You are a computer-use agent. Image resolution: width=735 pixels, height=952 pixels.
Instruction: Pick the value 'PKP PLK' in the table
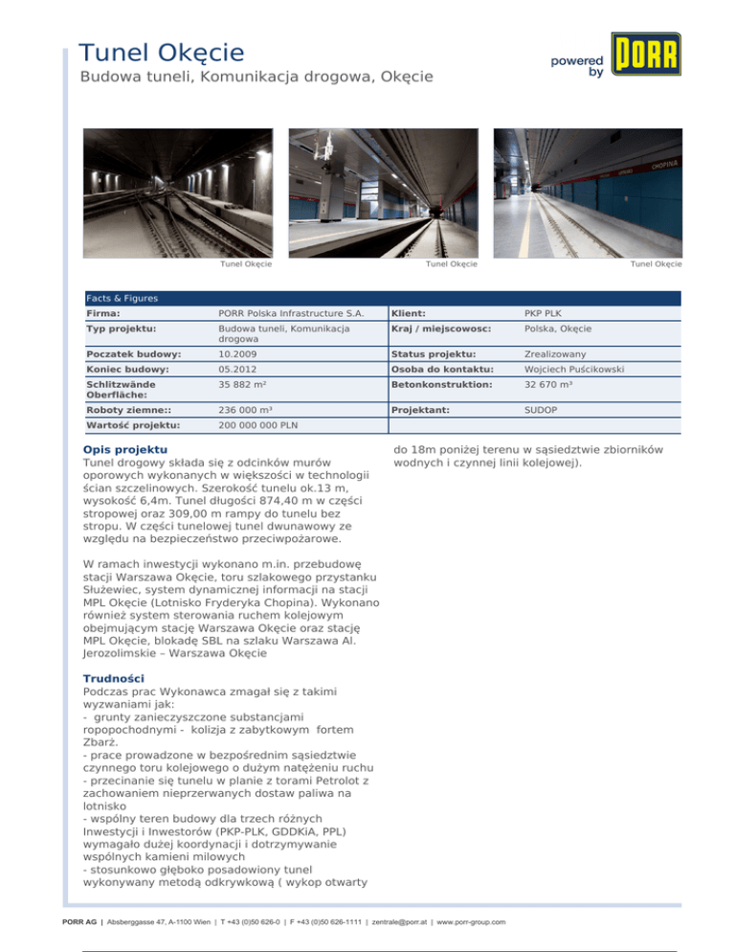pyautogui.click(x=543, y=313)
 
